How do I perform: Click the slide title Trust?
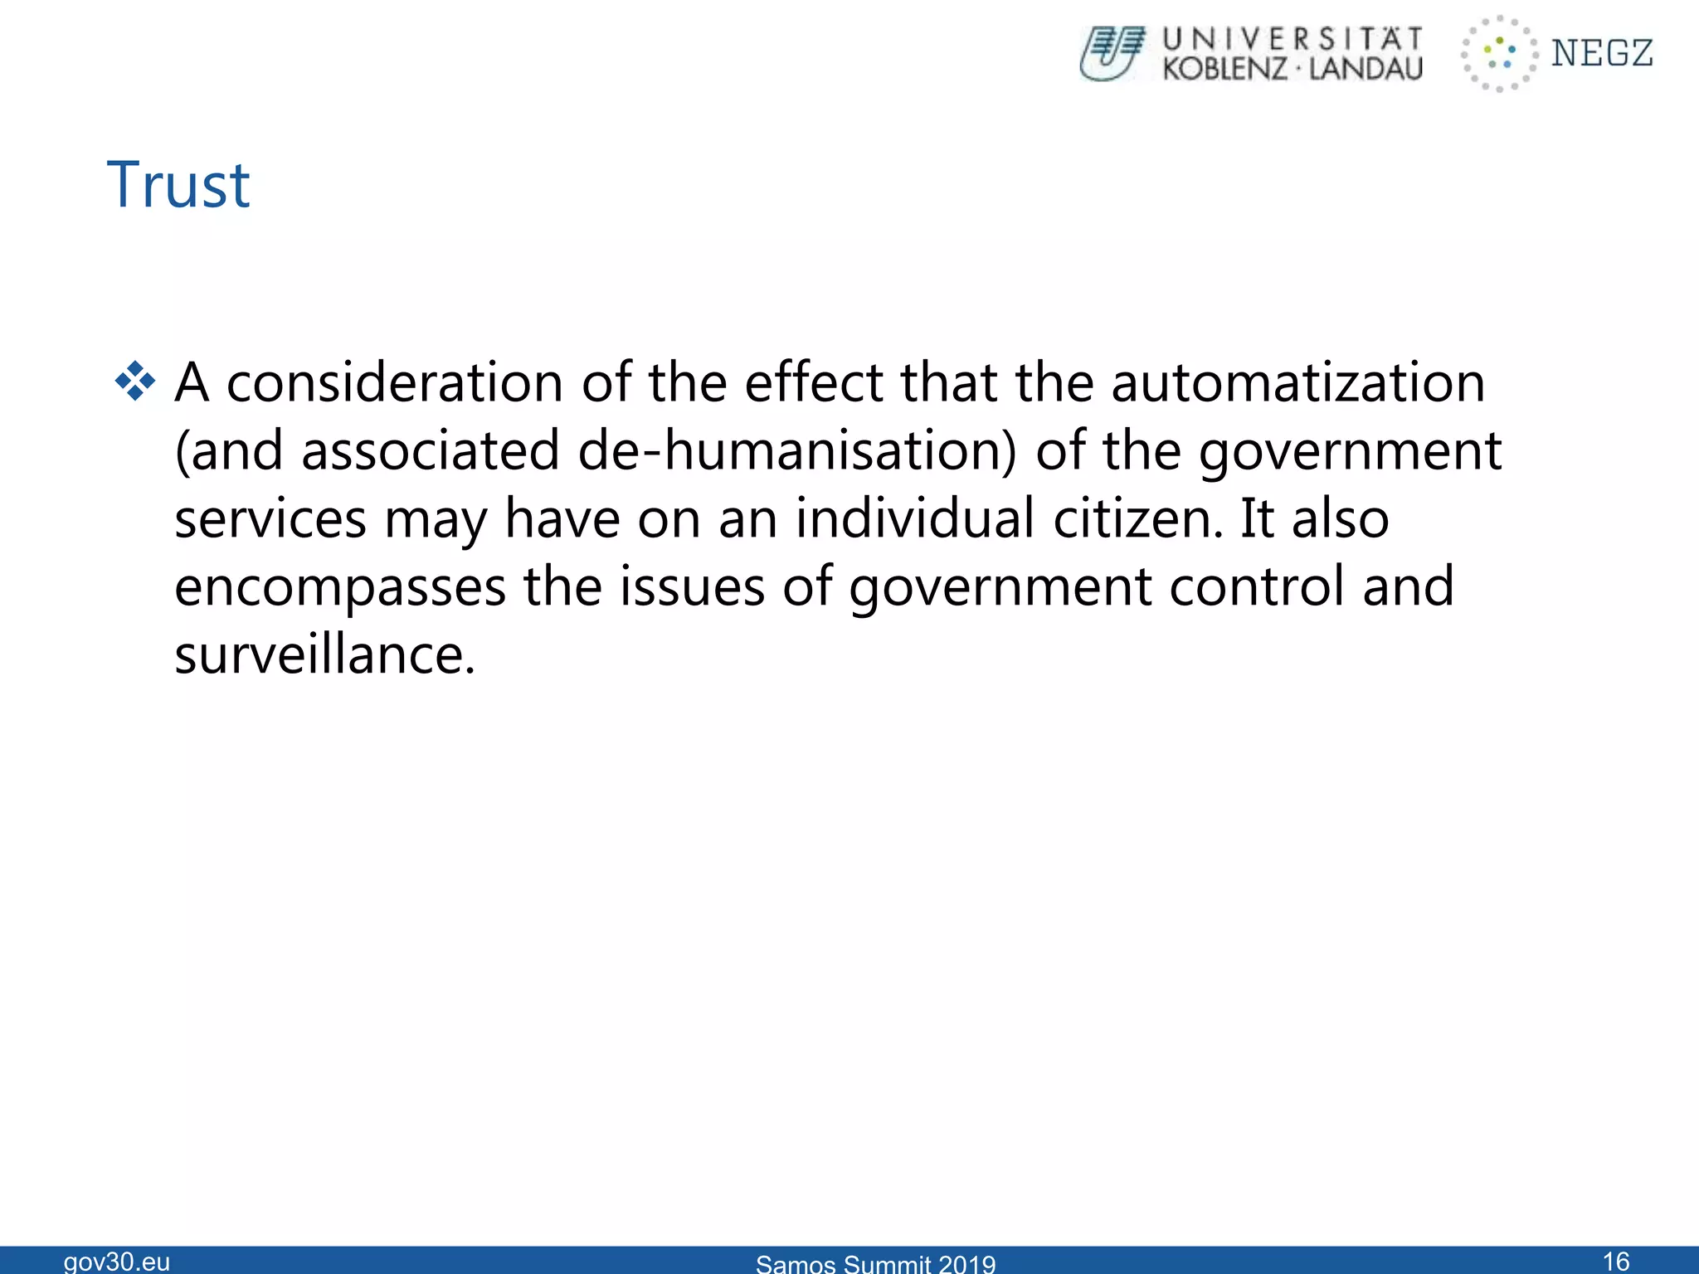pyautogui.click(x=178, y=185)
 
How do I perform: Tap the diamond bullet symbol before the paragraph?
pyautogui.click(x=135, y=382)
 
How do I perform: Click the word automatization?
pyautogui.click(x=1297, y=383)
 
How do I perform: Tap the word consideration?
pyautogui.click(x=395, y=383)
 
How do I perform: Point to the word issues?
pyautogui.click(x=693, y=587)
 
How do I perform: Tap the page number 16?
pyautogui.click(x=1616, y=1261)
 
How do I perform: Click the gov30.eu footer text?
pyautogui.click(x=117, y=1262)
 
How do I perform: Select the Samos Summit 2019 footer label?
pyautogui.click(x=875, y=1263)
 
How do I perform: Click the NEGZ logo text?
pyautogui.click(x=1602, y=54)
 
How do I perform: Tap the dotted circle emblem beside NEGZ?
pyautogui.click(x=1498, y=54)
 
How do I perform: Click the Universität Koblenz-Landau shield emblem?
pyautogui.click(x=1112, y=54)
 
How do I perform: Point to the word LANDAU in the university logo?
pyautogui.click(x=1366, y=69)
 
